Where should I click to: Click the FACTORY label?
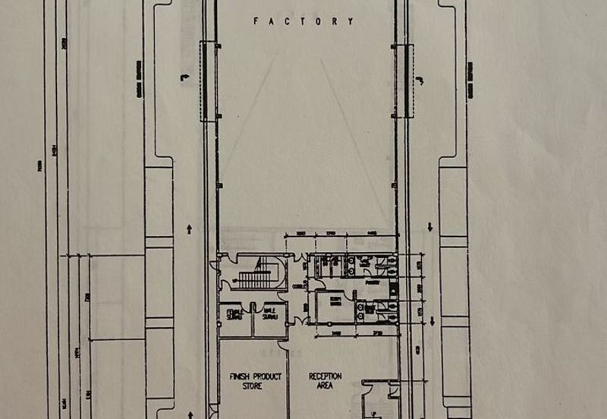(303, 22)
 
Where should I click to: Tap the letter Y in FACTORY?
(351, 22)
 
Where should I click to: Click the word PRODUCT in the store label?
(262, 376)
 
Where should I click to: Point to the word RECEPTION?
(325, 376)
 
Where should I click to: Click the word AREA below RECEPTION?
(325, 386)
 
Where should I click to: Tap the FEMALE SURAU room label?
(233, 313)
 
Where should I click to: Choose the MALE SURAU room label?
(269, 313)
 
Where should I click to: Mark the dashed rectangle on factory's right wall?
(403, 81)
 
